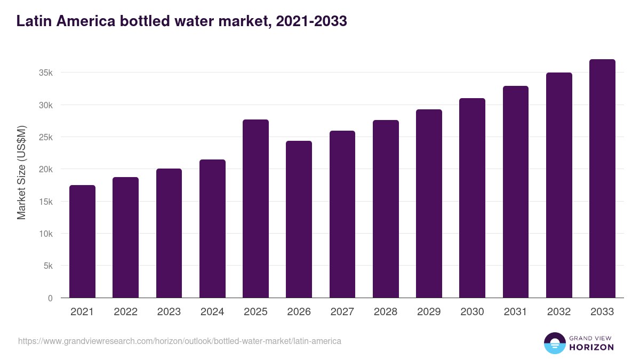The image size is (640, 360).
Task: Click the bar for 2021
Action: (x=82, y=242)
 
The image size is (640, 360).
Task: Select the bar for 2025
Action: (x=255, y=209)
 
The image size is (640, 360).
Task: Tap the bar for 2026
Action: (x=299, y=219)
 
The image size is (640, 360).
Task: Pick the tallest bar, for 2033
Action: (x=602, y=179)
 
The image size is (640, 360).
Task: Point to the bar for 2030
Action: (x=472, y=198)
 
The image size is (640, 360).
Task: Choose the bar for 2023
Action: (x=169, y=233)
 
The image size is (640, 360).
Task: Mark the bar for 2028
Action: (x=386, y=209)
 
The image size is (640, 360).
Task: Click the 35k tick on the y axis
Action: (x=46, y=73)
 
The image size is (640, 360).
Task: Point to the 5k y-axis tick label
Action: (x=47, y=266)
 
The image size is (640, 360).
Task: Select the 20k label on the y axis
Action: (x=46, y=170)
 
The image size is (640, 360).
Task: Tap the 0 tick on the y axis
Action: (x=50, y=298)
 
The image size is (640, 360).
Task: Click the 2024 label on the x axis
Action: (x=212, y=312)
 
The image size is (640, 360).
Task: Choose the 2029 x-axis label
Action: (x=429, y=312)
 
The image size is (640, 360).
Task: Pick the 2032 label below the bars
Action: (x=559, y=312)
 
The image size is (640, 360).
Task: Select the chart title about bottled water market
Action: (x=182, y=21)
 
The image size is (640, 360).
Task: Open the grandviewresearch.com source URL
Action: (x=180, y=341)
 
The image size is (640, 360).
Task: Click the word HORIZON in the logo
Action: (x=591, y=347)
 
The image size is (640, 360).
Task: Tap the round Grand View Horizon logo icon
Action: (x=554, y=343)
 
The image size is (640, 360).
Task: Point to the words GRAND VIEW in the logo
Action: (x=591, y=338)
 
